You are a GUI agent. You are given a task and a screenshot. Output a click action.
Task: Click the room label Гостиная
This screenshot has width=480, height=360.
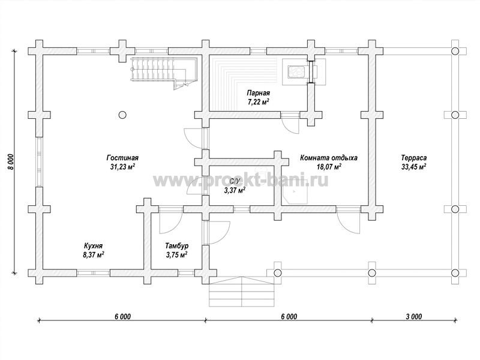click(122, 158)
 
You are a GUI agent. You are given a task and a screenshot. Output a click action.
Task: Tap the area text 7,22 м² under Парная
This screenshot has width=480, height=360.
click(259, 101)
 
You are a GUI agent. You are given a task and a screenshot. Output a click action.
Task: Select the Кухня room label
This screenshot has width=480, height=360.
click(93, 246)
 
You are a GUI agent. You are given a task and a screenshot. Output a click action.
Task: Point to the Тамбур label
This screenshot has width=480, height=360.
click(177, 246)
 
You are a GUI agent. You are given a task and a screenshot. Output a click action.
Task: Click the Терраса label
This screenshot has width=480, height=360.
click(414, 158)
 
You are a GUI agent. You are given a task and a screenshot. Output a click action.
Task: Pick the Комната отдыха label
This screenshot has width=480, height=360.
click(329, 158)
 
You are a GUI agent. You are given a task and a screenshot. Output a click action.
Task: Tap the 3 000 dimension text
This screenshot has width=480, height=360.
click(414, 317)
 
